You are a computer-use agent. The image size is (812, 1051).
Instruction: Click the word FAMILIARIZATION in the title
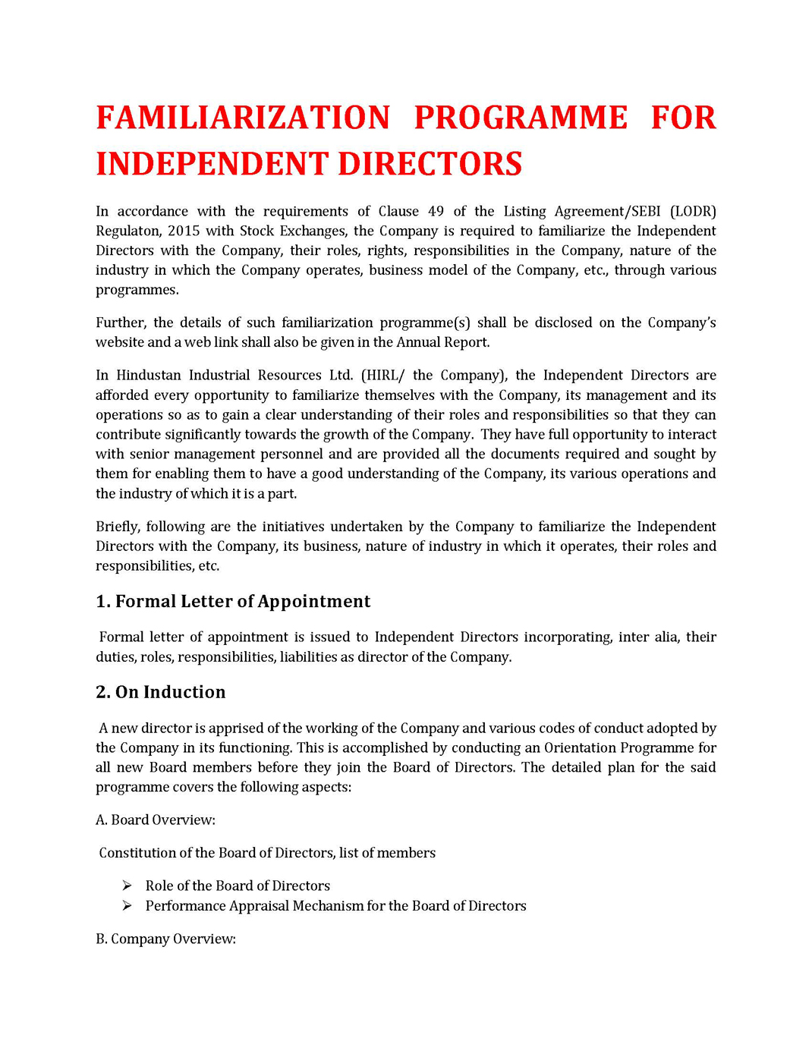[243, 118]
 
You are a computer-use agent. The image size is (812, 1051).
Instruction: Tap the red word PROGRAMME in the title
[521, 118]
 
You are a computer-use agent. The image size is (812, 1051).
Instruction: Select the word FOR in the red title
[683, 118]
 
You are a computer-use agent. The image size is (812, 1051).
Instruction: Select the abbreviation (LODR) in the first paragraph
[693, 212]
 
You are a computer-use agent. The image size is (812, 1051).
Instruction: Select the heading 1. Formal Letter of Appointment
[233, 602]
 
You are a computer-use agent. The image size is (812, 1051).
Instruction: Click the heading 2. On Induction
[161, 692]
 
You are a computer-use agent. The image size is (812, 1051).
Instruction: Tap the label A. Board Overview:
[156, 820]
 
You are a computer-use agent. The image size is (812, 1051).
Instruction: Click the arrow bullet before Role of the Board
[127, 886]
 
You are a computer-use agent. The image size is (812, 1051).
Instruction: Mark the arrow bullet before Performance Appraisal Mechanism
[127, 906]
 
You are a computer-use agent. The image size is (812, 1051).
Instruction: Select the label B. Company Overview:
[165, 939]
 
